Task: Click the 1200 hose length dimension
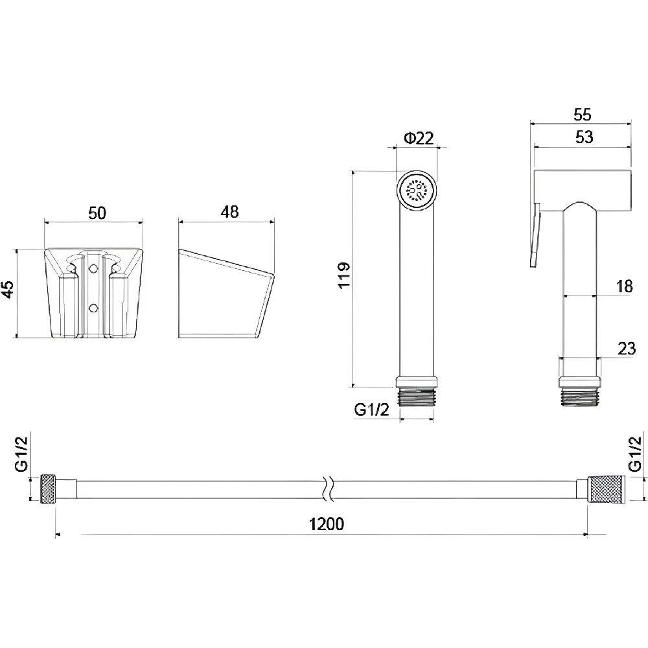pyautogui.click(x=327, y=524)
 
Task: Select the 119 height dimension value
pyautogui.click(x=344, y=275)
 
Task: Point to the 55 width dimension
pyautogui.click(x=583, y=115)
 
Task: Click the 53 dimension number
pyautogui.click(x=584, y=137)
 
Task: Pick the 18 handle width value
pyautogui.click(x=624, y=286)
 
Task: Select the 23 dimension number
pyautogui.click(x=627, y=349)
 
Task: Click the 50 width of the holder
pyautogui.click(x=97, y=213)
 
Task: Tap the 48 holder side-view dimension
pyautogui.click(x=229, y=212)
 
